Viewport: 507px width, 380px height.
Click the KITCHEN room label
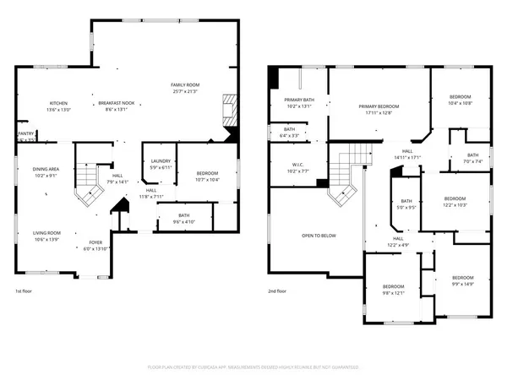[x=58, y=103]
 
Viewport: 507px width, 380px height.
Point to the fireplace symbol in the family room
[x=229, y=111]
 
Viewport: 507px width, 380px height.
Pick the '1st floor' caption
[x=24, y=290]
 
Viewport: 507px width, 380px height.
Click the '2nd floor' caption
[x=278, y=290]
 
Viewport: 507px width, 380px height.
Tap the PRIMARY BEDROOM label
[x=378, y=106]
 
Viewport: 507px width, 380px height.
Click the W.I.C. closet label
[x=299, y=165]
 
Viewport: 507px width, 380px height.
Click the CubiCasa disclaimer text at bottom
[x=253, y=368]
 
